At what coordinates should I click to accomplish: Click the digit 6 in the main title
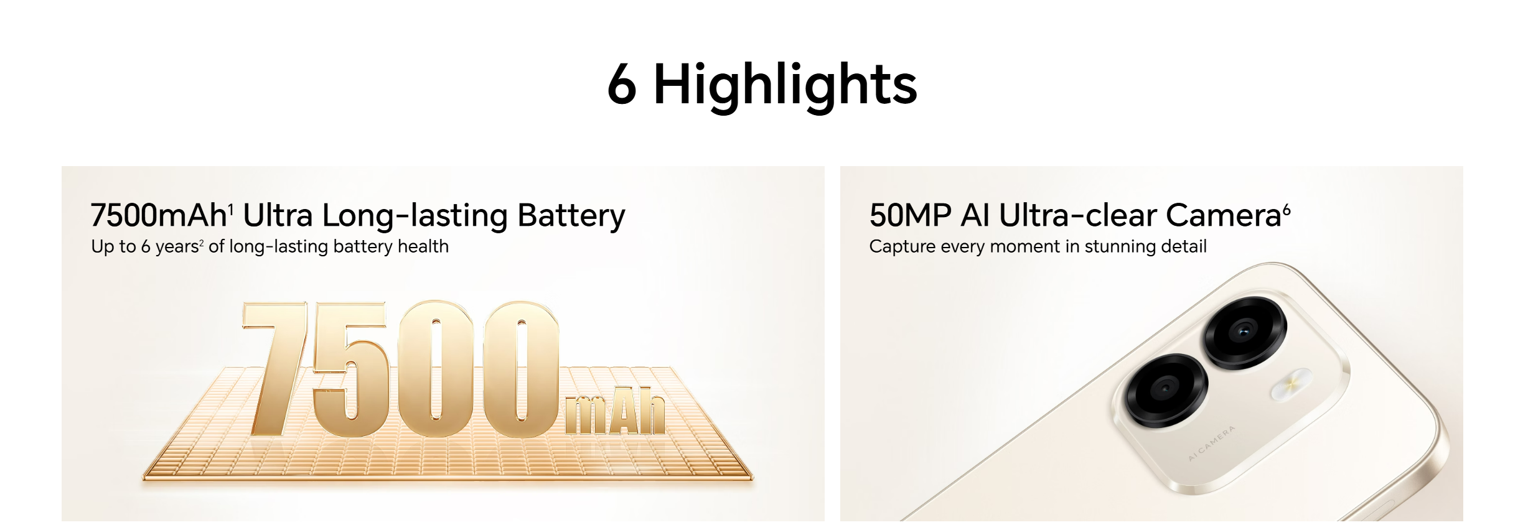[622, 83]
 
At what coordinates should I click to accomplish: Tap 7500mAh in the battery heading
[159, 215]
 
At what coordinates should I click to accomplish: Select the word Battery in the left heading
[571, 216]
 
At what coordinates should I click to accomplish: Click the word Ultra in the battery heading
[278, 215]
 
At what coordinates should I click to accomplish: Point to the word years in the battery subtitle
[177, 247]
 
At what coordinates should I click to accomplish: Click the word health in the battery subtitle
[423, 246]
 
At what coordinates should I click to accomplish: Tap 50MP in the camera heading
[911, 215]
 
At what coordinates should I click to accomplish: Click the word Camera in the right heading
[1223, 215]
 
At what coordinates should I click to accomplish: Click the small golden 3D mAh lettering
[615, 410]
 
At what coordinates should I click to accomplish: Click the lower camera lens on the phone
[1165, 391]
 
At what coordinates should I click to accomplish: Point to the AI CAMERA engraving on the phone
[1211, 444]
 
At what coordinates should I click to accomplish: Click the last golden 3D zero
[520, 370]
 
